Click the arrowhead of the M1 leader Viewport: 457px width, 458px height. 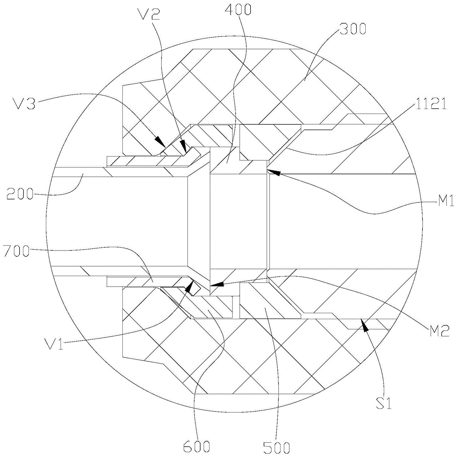(x=269, y=170)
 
